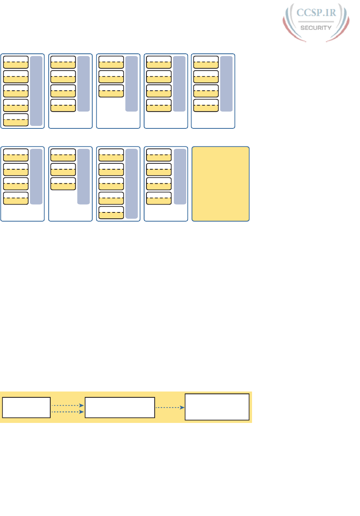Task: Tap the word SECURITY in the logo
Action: click(x=316, y=27)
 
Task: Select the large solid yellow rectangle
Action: click(x=221, y=184)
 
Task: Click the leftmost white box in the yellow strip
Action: click(x=26, y=407)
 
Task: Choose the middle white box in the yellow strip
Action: click(x=120, y=407)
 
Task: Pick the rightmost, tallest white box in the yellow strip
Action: click(x=217, y=407)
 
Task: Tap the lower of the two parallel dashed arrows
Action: click(x=68, y=412)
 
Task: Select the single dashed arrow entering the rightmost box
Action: click(x=170, y=407)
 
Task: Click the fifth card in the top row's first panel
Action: click(x=16, y=120)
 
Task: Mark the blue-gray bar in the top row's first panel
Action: click(x=36, y=91)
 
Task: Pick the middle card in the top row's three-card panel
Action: click(x=111, y=76)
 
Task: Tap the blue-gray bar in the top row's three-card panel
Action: click(x=132, y=84)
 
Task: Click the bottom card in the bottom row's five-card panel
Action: click(x=111, y=212)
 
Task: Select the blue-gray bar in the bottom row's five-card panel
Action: click(x=132, y=184)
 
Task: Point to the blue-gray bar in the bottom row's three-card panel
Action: click(x=84, y=177)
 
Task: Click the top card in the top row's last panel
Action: click(x=206, y=62)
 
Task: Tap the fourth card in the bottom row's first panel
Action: click(x=16, y=198)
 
